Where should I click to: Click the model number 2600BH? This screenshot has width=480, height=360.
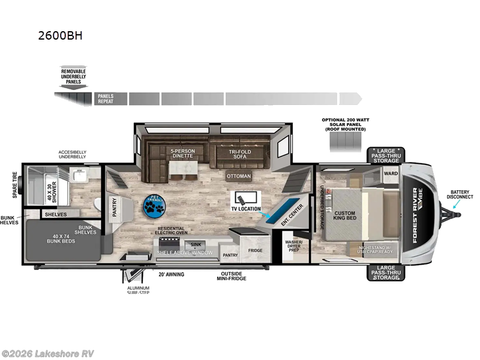point(59,35)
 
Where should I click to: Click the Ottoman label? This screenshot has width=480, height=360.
point(239,176)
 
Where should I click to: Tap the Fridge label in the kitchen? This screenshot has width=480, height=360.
point(255,250)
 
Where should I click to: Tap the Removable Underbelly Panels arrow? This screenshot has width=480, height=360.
point(74,79)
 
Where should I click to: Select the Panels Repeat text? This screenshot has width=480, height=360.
point(107,99)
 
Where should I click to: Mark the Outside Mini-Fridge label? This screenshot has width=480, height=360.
point(231,276)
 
